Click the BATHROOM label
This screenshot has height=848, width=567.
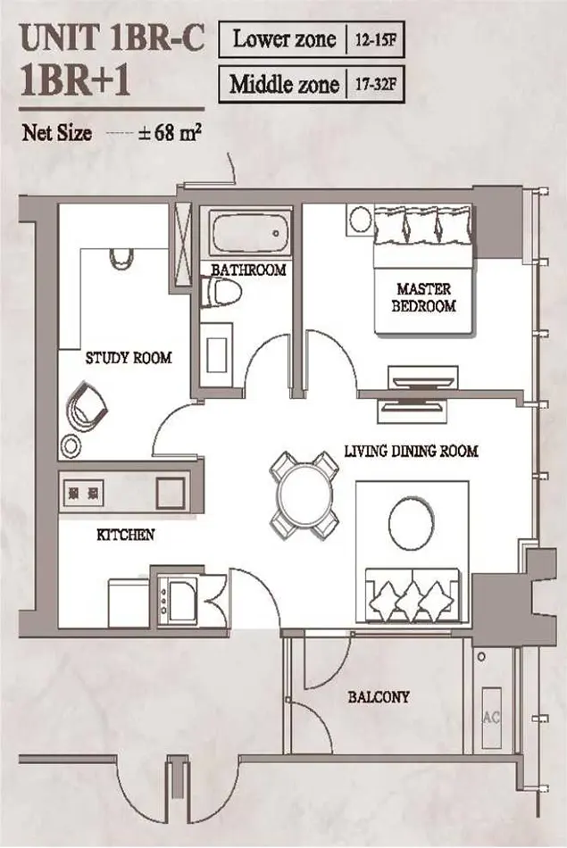(248, 270)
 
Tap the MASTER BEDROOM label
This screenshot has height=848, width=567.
(423, 297)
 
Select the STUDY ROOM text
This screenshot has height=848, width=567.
(129, 358)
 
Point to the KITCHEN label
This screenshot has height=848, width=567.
(126, 535)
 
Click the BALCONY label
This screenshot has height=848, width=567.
(379, 697)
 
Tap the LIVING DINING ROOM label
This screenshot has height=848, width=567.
(411, 451)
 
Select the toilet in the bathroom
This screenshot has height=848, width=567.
(221, 293)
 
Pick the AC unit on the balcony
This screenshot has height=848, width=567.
(491, 719)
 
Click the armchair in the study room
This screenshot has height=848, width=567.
(87, 405)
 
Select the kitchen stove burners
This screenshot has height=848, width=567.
(83, 494)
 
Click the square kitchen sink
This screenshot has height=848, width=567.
(171, 493)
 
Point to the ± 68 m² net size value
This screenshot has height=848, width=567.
(170, 133)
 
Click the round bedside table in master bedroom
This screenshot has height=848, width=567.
(359, 220)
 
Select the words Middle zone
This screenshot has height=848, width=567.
(285, 85)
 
